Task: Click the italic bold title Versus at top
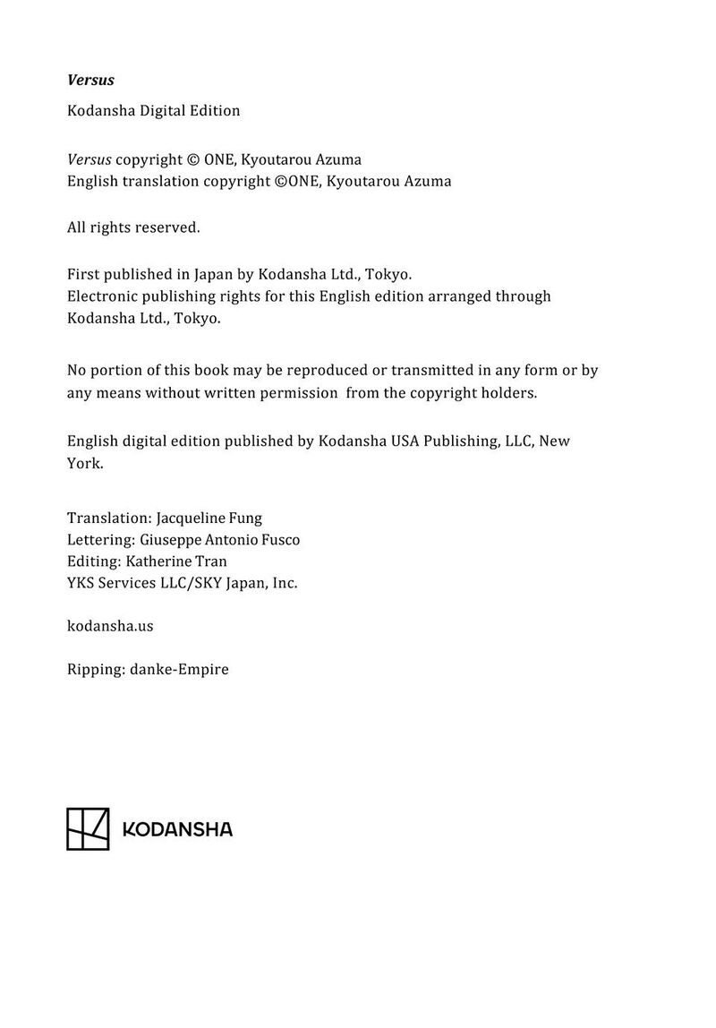tap(90, 79)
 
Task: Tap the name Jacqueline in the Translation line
tap(192, 518)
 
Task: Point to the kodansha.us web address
tap(110, 625)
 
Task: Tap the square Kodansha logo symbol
tap(88, 828)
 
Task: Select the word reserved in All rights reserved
tap(166, 227)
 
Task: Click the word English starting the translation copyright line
tap(91, 181)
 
